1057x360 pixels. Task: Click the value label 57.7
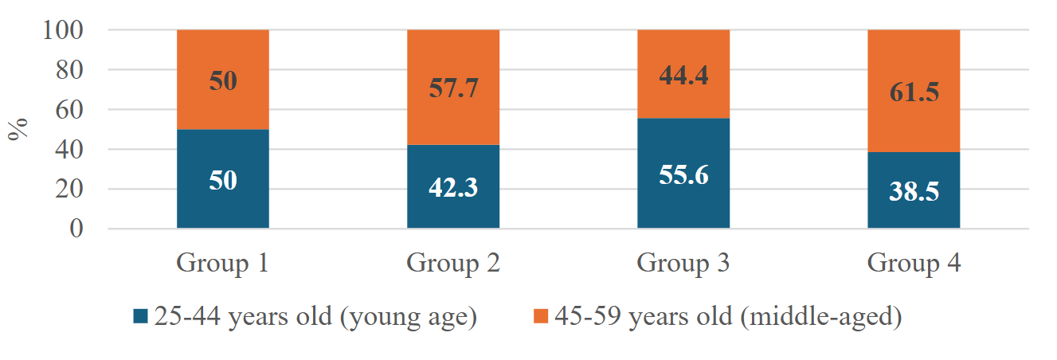pos(452,88)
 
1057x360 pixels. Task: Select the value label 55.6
pos(683,174)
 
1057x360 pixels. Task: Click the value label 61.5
pos(914,92)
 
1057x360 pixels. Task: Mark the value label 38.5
pos(914,194)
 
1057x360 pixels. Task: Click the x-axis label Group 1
pos(222,262)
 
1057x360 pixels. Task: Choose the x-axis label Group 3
pos(683,262)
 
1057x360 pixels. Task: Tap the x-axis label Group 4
pos(914,262)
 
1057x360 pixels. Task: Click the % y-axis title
pos(18,129)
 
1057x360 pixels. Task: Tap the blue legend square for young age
pos(141,316)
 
